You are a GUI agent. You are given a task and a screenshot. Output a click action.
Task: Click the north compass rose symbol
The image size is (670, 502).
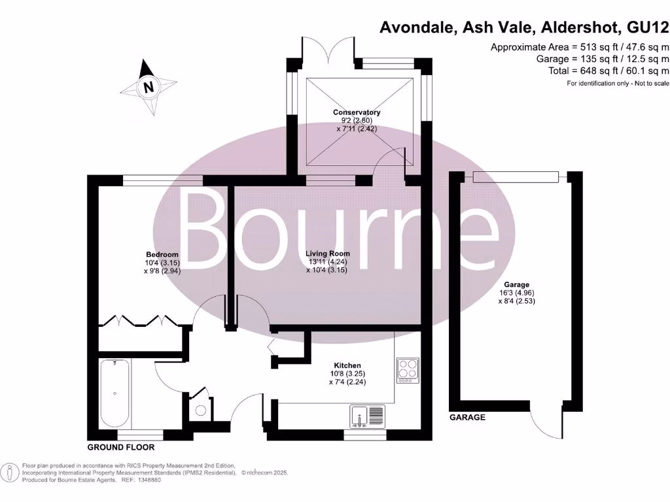tap(149, 87)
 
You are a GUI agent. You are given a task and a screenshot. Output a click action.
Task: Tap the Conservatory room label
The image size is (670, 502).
tap(356, 112)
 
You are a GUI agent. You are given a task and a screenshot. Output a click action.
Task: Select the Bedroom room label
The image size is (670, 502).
tap(162, 254)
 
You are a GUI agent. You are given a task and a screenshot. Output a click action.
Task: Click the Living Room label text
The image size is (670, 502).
tap(328, 254)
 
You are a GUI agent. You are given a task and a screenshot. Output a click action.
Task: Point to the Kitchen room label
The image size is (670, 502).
tap(347, 365)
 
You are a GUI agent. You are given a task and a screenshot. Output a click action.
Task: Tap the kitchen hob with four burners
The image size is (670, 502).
tap(407, 369)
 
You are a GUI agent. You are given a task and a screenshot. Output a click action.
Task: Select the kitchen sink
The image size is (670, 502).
tap(369, 416)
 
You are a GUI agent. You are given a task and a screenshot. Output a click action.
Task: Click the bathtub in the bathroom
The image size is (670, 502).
tap(115, 393)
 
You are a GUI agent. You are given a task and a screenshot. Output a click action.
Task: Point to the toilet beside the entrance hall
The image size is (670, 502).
tap(200, 410)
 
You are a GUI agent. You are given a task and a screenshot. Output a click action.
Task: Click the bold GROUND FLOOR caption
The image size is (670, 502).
tap(121, 448)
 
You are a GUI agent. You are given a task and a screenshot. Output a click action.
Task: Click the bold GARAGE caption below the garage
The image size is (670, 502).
tap(467, 417)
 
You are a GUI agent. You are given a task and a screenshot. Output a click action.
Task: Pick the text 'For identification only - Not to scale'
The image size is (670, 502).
tap(618, 83)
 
